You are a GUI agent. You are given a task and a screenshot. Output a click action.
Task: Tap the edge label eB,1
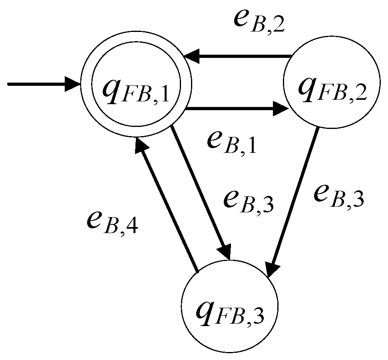pyautogui.click(x=232, y=142)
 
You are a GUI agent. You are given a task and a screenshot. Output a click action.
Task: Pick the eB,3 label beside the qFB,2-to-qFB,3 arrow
pyautogui.click(x=338, y=195)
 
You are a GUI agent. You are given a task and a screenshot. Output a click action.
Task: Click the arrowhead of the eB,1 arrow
pyautogui.click(x=282, y=109)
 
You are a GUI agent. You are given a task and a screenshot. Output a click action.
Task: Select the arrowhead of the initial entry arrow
pyautogui.click(x=74, y=85)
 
